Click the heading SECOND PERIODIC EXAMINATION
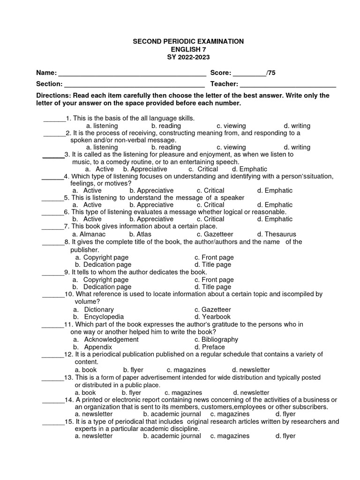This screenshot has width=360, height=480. tap(188, 41)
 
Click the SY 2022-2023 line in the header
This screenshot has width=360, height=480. tap(188, 57)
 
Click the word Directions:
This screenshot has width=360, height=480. tap(53, 95)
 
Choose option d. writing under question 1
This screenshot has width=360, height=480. tap(297, 126)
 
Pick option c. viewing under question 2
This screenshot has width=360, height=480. tap(231, 147)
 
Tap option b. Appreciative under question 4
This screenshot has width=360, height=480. tap(151, 190)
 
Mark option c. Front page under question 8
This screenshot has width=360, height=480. tap(214, 257)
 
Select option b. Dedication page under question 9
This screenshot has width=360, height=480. tap(102, 287)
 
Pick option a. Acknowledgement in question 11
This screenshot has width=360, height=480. tap(105, 339)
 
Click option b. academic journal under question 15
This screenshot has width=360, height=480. tap(172, 436)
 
